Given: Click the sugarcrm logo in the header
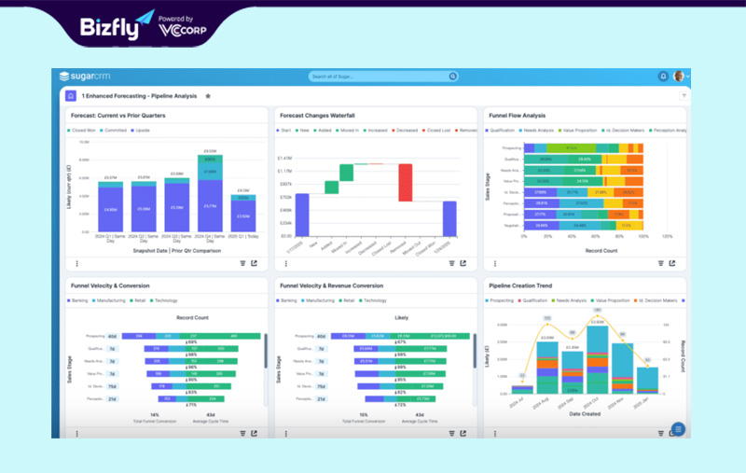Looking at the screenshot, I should pos(84,76).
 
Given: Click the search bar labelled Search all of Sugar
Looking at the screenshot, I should pos(382,76).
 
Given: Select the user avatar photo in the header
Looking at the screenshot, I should pos(679,76).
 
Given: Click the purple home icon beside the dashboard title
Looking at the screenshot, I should pos(70,96).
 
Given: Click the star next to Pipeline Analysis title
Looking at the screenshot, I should pos(208,96).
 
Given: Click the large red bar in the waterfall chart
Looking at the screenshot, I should pos(405,182).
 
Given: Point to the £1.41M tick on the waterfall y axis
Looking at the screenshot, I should pos(284,158).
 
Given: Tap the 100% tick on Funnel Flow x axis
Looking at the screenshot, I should pos(667,237).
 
